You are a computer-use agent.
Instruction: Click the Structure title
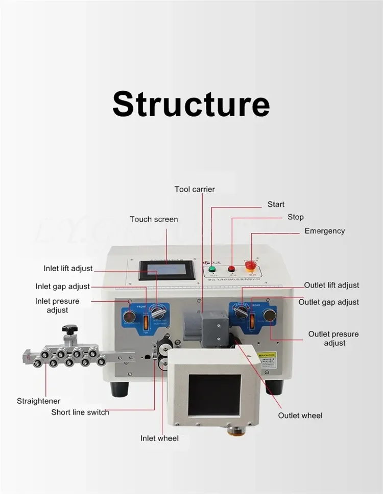click(x=191, y=104)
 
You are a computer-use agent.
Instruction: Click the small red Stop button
click(x=231, y=268)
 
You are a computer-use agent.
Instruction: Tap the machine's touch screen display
click(x=166, y=270)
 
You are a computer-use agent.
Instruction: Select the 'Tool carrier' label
click(x=195, y=189)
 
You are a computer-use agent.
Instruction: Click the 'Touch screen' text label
click(x=154, y=219)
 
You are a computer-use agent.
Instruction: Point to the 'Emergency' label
click(x=324, y=231)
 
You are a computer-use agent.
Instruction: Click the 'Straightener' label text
click(x=39, y=401)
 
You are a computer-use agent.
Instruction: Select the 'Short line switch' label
click(x=80, y=412)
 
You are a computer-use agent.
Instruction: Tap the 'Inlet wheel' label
click(x=160, y=438)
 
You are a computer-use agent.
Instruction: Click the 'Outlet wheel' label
click(x=300, y=415)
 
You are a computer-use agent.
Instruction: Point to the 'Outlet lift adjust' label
click(x=331, y=285)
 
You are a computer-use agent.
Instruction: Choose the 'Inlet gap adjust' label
click(x=63, y=287)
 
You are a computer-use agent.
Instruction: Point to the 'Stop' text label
click(x=295, y=217)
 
